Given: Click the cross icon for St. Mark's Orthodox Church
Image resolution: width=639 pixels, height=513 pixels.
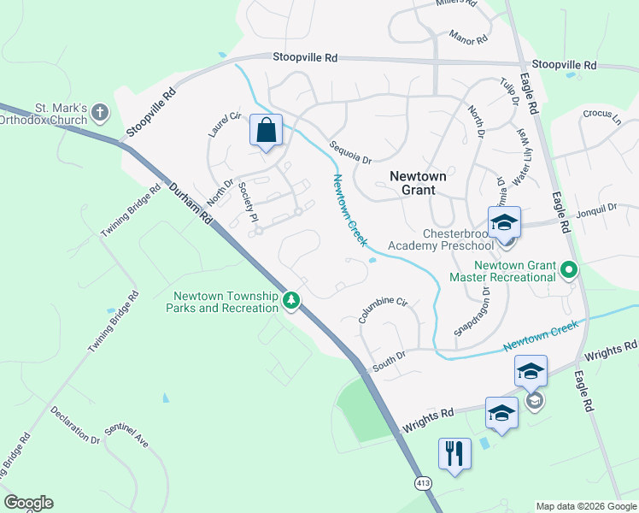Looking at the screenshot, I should coord(101,112).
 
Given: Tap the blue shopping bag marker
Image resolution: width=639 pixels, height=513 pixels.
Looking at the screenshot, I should coord(266,132).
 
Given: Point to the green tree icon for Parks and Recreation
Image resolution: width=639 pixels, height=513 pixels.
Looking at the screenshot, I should coord(292,300).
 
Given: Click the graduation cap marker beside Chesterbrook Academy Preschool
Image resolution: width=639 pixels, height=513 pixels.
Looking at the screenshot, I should coord(505,223).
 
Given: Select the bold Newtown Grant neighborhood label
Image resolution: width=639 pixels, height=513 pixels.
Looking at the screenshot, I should coord(418,183).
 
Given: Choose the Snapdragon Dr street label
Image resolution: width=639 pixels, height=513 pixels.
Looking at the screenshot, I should coord(472,311).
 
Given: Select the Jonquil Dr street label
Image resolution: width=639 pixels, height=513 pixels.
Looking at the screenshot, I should coord(595,208).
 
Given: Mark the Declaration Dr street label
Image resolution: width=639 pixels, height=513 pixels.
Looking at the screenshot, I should coord(75,424).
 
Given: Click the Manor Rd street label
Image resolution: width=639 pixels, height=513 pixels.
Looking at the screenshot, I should coord(469,39).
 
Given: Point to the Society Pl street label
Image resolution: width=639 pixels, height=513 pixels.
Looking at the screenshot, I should coord(248,203).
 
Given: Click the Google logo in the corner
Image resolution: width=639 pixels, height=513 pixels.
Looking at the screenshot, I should coord(28,503).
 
